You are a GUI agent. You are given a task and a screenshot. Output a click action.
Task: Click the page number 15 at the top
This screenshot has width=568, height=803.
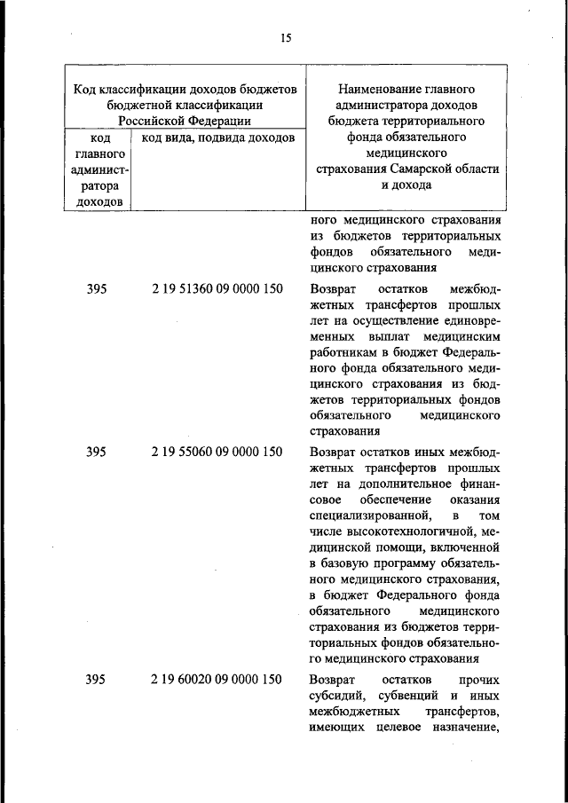(285, 37)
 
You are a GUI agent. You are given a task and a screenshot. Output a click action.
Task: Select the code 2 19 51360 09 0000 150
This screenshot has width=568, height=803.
(217, 289)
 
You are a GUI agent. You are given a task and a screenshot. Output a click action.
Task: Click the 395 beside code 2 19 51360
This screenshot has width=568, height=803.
(97, 289)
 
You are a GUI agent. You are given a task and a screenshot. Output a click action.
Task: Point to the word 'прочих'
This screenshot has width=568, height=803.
(480, 680)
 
